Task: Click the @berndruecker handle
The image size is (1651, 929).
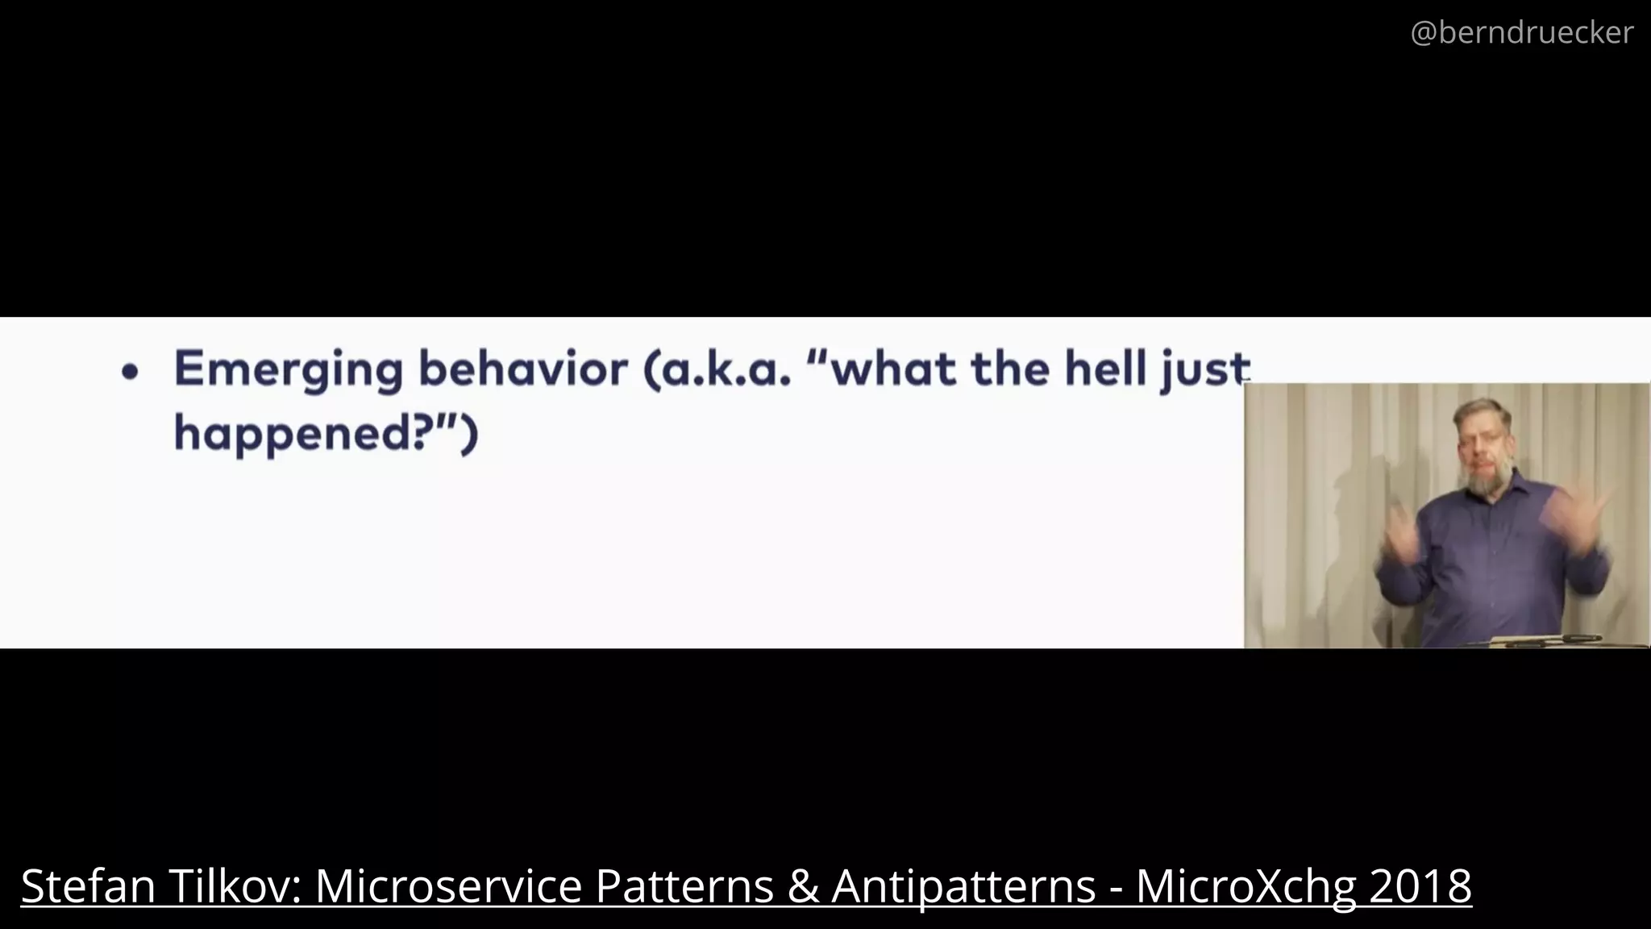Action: point(1521,33)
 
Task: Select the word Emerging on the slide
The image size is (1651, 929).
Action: point(288,370)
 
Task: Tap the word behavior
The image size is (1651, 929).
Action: point(522,369)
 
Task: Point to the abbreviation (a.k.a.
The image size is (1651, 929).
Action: point(717,369)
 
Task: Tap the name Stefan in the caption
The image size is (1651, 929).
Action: point(88,885)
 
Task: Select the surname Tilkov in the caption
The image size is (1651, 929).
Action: point(234,885)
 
